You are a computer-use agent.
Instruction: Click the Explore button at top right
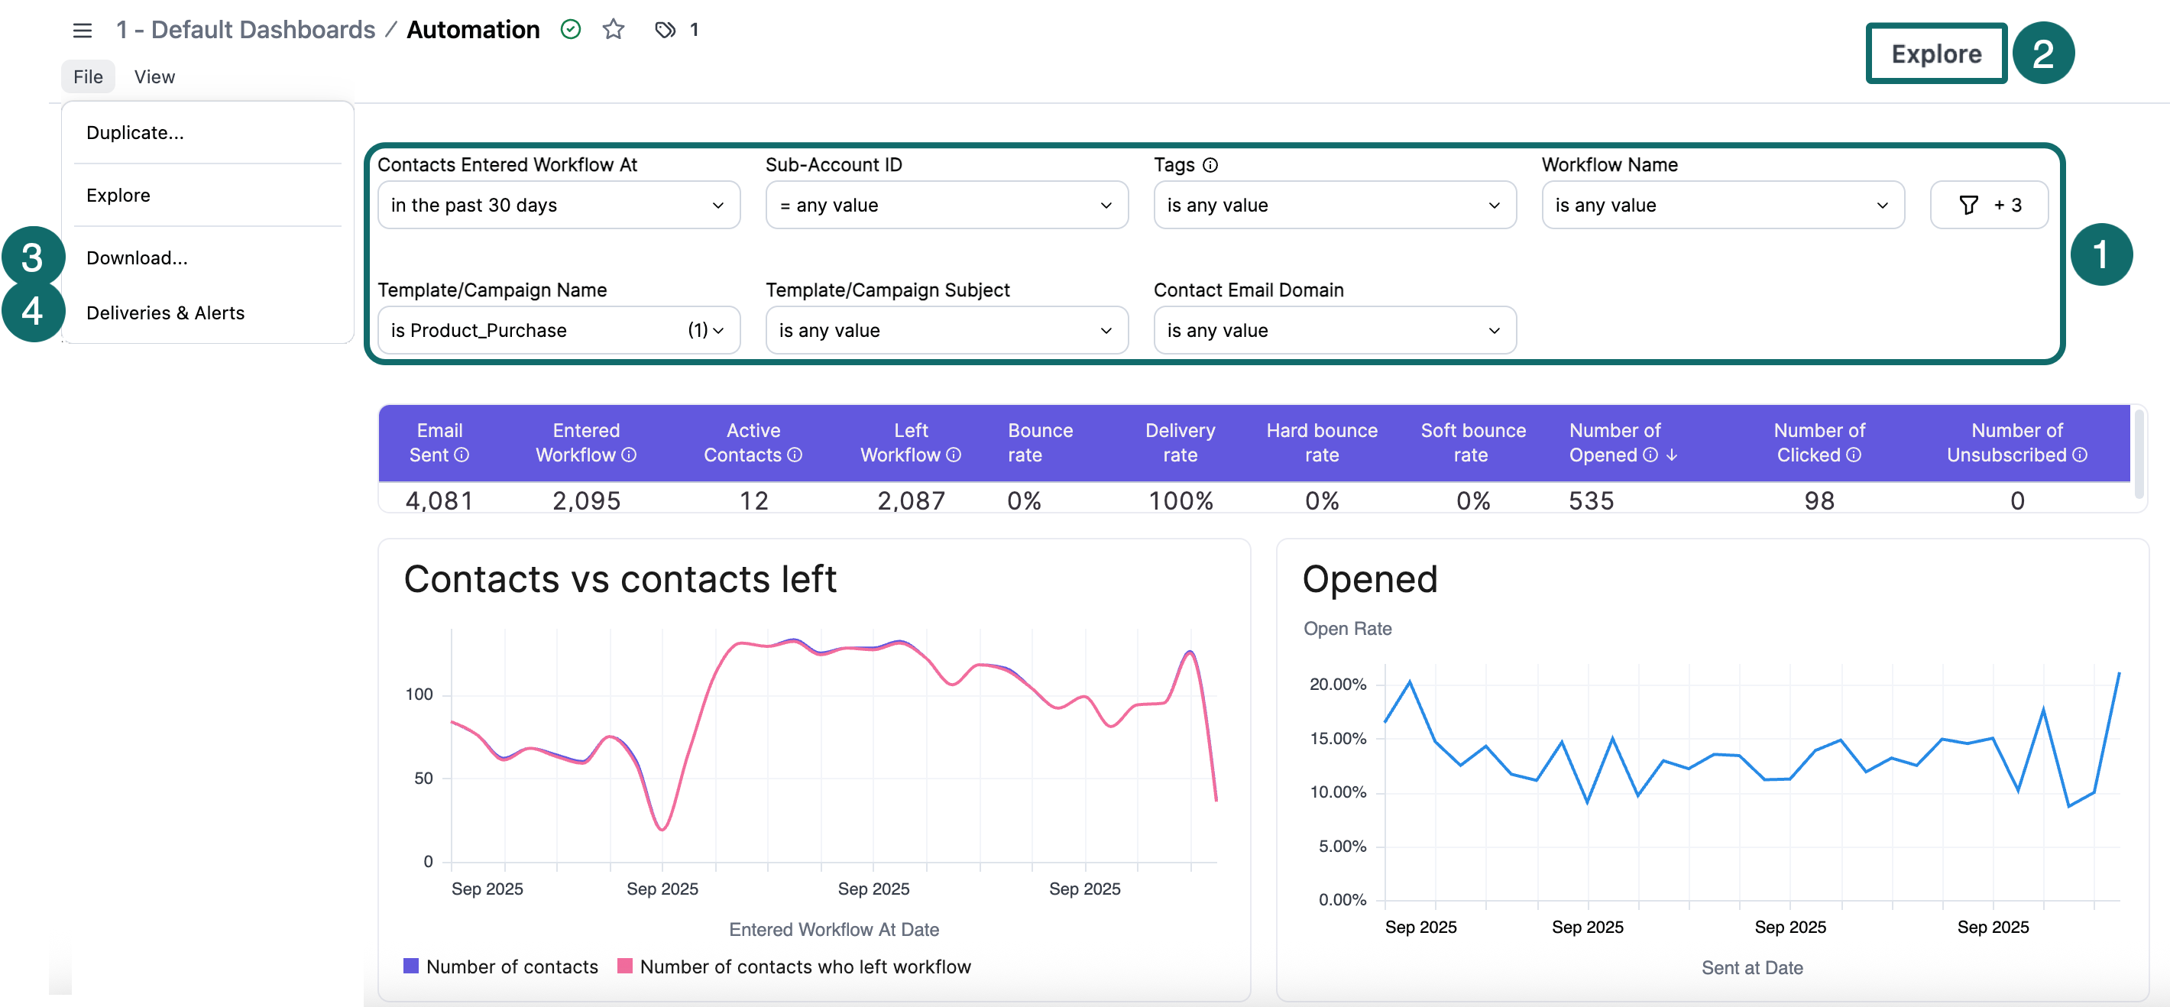point(1936,54)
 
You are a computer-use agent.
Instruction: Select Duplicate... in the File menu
point(134,132)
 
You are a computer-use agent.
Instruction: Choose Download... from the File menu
point(137,257)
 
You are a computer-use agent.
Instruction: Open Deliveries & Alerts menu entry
point(165,312)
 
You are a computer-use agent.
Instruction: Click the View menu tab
point(154,76)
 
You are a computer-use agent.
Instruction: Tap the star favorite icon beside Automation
point(614,31)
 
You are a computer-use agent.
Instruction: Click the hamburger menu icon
point(82,31)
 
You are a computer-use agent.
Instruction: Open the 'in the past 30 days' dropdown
point(558,205)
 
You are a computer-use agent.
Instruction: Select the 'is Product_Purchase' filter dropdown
point(558,330)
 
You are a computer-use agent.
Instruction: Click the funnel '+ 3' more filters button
point(1988,205)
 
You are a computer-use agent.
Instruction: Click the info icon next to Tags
point(1210,165)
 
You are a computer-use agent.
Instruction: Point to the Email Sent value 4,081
point(439,500)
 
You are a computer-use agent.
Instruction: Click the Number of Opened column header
point(1614,442)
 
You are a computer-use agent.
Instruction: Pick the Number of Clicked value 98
point(1819,500)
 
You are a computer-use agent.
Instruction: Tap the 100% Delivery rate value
point(1181,500)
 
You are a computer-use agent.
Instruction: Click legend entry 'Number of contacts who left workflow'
point(805,967)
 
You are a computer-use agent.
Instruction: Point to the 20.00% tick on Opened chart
point(1338,685)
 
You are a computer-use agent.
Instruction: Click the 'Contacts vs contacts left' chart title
point(620,579)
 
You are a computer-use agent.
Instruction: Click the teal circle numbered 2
point(2043,54)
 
